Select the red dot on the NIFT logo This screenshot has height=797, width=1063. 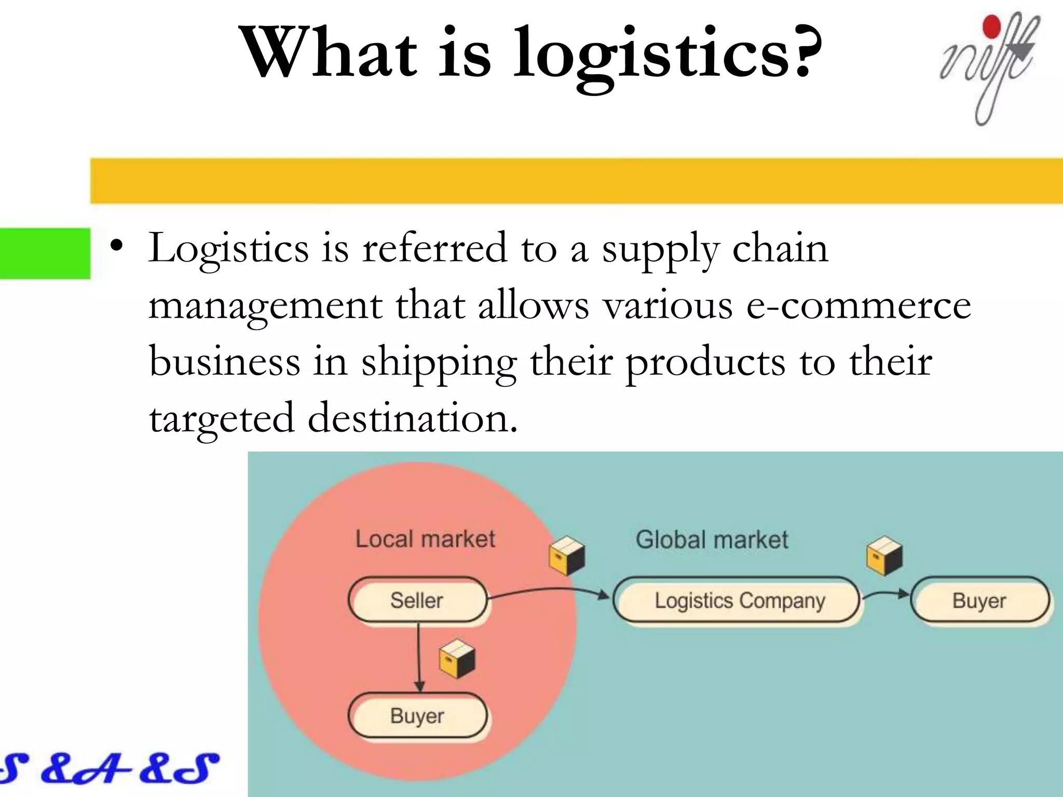tap(992, 27)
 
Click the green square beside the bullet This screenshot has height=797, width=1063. tap(45, 253)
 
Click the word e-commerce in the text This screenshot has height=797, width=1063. tap(858, 306)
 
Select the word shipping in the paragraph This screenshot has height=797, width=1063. tap(439, 362)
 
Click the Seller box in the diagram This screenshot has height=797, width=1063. tap(417, 600)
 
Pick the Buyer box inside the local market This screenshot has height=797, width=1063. tap(417, 716)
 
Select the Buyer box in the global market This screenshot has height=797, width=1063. tap(979, 601)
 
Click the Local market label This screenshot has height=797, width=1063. tap(425, 539)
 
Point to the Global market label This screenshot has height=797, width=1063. tap(712, 540)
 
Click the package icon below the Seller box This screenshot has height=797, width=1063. tap(457, 659)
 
